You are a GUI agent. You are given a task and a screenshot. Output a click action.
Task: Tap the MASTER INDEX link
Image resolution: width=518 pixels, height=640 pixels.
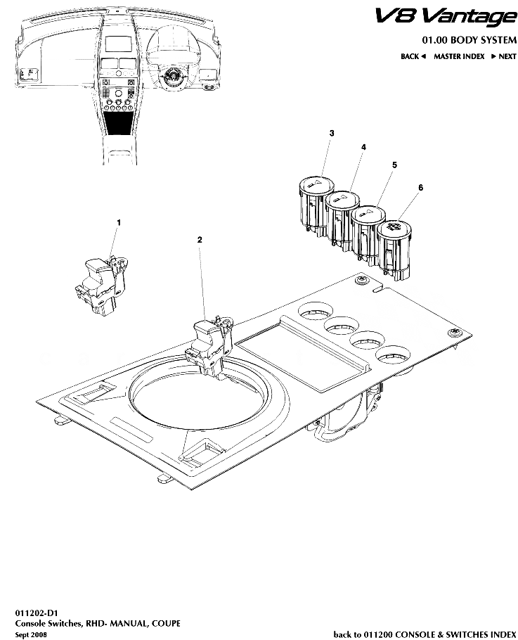pos(459,56)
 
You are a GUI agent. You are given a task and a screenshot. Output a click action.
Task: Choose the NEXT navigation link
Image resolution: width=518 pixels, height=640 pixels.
pos(503,56)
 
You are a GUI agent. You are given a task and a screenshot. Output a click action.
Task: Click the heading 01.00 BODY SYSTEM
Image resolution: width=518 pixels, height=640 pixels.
pos(469,39)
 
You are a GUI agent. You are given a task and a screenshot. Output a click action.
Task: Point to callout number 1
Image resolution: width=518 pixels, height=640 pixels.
pos(119,222)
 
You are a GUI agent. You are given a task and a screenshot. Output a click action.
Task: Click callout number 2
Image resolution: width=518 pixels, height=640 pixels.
pos(200,240)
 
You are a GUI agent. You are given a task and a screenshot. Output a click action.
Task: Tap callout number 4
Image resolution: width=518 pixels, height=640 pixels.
pos(363,147)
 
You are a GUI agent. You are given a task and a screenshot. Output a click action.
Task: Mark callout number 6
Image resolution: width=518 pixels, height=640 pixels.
pos(420,187)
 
